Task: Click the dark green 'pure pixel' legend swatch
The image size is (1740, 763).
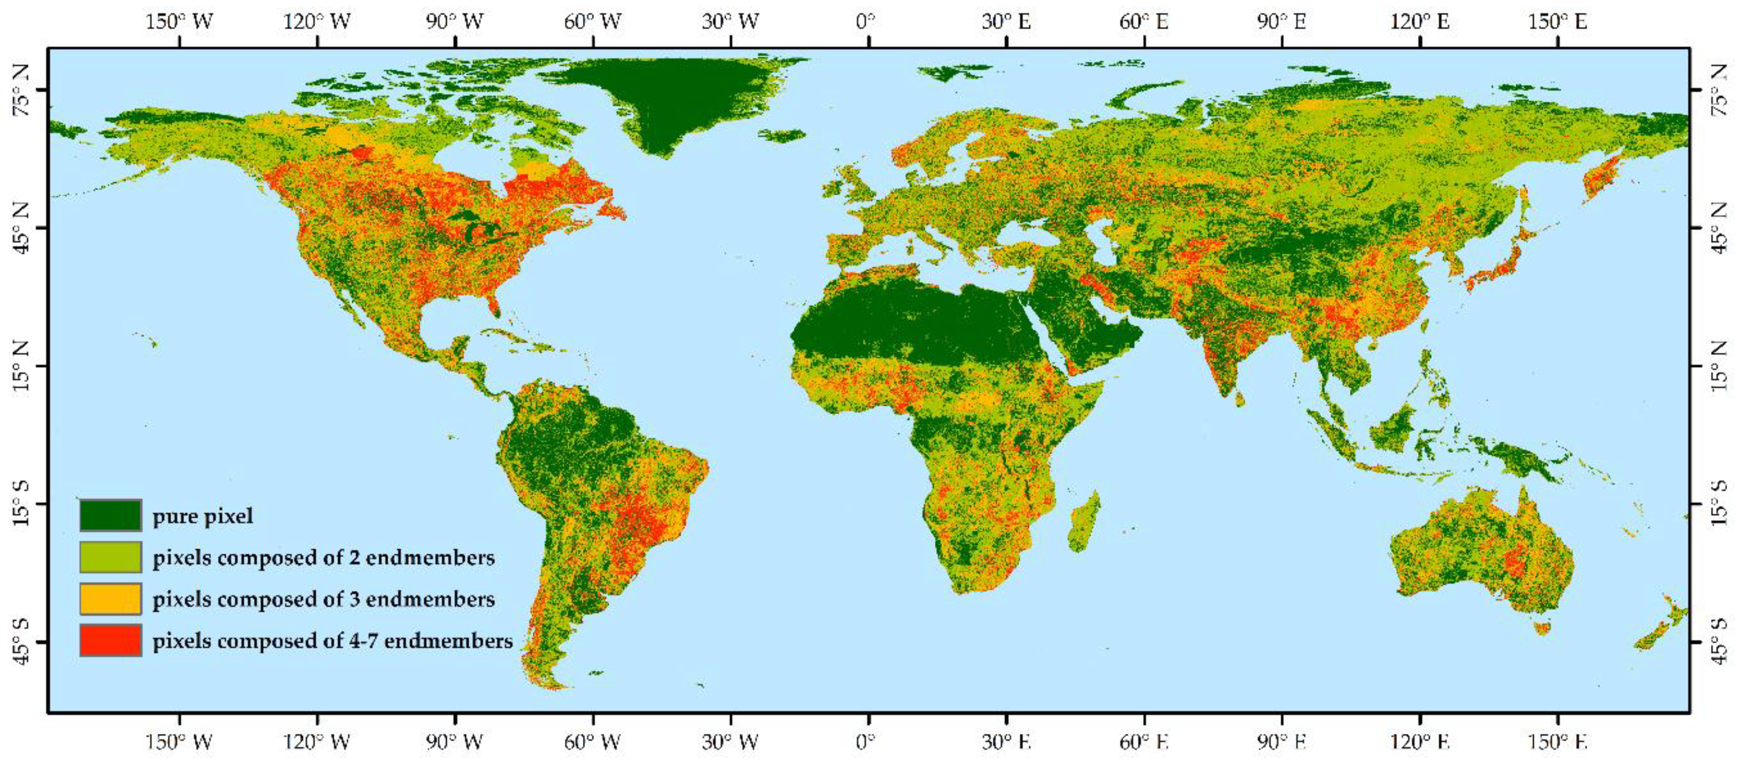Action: tap(110, 515)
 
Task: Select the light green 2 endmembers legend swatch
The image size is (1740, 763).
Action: tap(110, 557)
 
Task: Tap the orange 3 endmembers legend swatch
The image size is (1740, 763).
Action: tap(110, 599)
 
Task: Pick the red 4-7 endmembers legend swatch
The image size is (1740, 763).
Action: tap(110, 640)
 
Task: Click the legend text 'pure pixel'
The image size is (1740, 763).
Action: tap(203, 516)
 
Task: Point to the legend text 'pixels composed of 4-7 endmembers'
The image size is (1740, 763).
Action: tap(332, 641)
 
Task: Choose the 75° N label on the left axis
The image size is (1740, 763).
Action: tap(22, 91)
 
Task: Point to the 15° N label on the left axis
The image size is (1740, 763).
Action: tap(22, 366)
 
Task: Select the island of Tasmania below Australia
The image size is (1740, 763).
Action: tap(1542, 629)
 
